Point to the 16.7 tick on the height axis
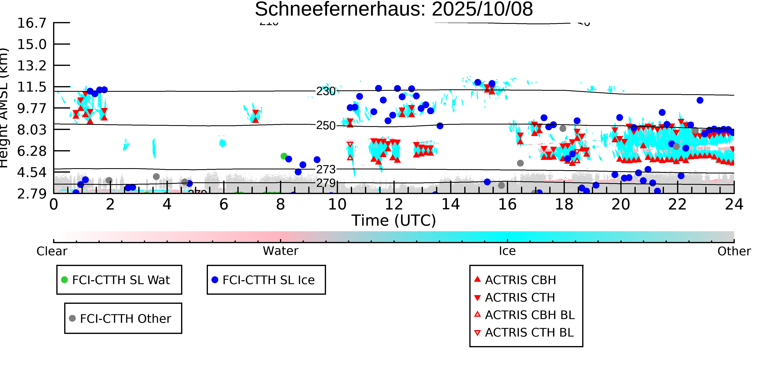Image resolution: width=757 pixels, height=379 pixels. pyautogui.click(x=32, y=23)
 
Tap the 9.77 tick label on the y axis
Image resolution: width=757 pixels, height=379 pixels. pyautogui.click(x=32, y=108)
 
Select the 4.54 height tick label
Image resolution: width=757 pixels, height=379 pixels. pyautogui.click(x=32, y=172)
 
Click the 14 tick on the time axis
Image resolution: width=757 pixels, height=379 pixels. pyautogui.click(x=451, y=204)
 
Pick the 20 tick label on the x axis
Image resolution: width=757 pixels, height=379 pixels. pyautogui.click(x=621, y=204)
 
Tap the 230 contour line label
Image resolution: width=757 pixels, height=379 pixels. pyautogui.click(x=326, y=91)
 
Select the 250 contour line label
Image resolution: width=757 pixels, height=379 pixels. pyautogui.click(x=326, y=126)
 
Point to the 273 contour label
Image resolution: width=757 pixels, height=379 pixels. pyautogui.click(x=326, y=169)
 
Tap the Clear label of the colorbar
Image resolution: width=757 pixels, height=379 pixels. pyautogui.click(x=52, y=251)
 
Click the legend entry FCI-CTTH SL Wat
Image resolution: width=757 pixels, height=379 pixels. pyautogui.click(x=121, y=280)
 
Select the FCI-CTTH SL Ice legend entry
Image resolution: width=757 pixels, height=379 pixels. pyautogui.click(x=268, y=280)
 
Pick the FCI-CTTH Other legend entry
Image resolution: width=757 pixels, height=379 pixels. pyautogui.click(x=125, y=318)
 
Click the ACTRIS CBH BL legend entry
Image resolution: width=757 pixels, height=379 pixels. pyautogui.click(x=529, y=315)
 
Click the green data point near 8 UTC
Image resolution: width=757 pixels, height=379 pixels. pyautogui.click(x=284, y=156)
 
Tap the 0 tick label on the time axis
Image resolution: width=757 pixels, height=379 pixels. pyautogui.click(x=53, y=204)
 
